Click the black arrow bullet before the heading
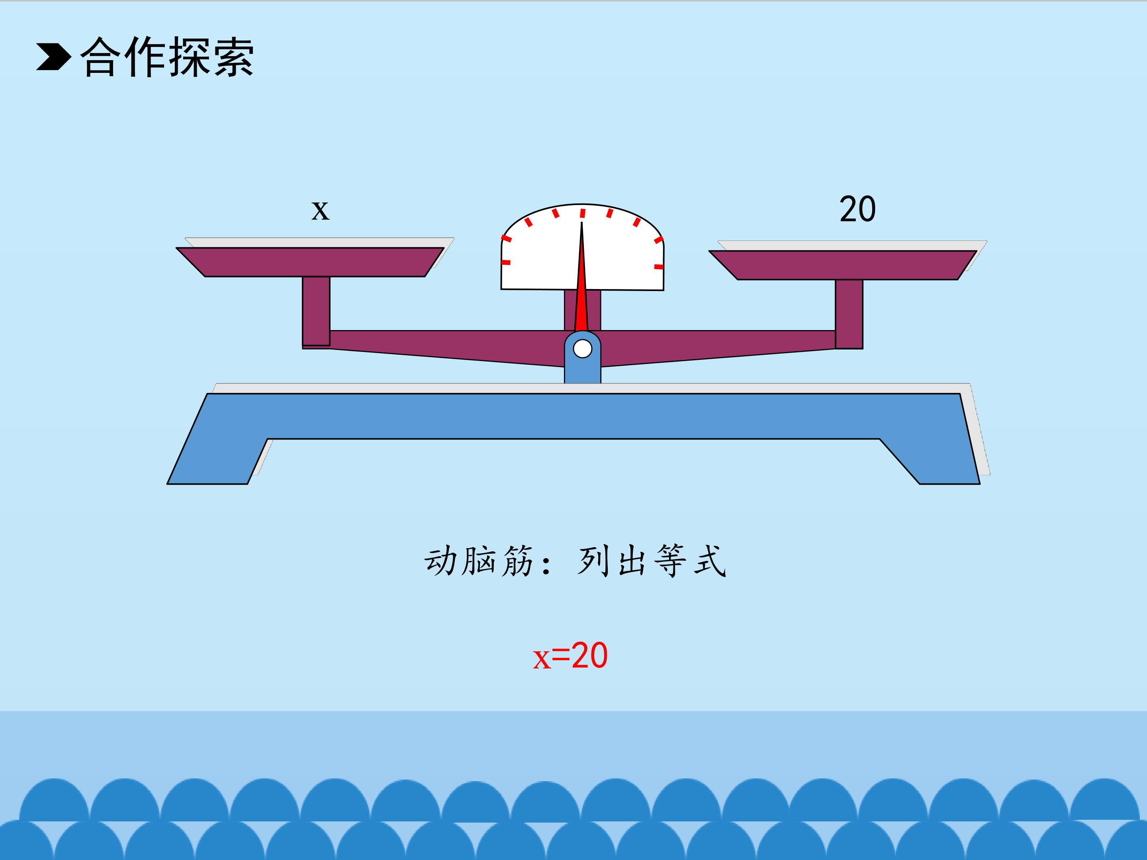(53, 56)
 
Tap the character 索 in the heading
(233, 57)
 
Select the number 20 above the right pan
(857, 209)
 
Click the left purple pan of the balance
(310, 262)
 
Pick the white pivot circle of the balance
(582, 349)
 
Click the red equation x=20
(570, 656)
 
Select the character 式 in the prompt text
(709, 561)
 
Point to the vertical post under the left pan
(316, 311)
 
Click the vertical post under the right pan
(849, 314)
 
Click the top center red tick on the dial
(582, 213)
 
